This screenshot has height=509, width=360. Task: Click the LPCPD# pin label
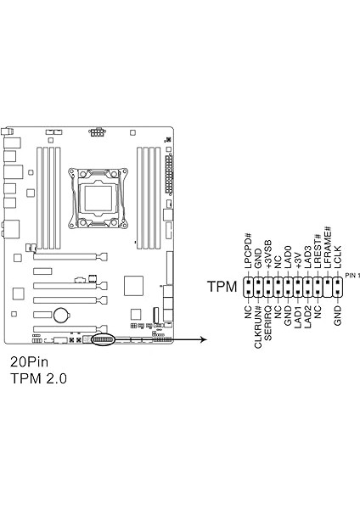click(x=249, y=251)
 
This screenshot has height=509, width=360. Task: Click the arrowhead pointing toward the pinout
click(x=202, y=340)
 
